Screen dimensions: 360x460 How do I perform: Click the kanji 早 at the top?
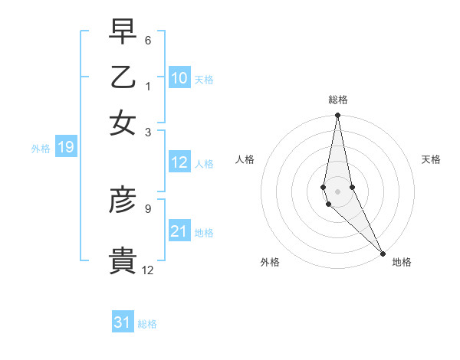point(123,33)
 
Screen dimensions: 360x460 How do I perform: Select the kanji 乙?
point(123,77)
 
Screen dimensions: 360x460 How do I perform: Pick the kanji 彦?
point(123,199)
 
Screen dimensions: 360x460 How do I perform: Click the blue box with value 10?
point(179,78)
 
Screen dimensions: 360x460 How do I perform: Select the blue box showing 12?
point(179,162)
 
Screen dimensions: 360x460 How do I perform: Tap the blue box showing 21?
point(179,231)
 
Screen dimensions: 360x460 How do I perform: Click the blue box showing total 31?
point(123,322)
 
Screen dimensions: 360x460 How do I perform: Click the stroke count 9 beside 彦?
point(148,207)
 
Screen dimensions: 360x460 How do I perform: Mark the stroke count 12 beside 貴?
point(148,270)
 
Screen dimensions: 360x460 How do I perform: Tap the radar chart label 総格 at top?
point(337,100)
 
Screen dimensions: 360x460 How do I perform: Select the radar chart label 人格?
point(245,159)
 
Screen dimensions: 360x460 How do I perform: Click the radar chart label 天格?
point(431,159)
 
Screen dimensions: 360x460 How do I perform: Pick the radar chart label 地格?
point(402,263)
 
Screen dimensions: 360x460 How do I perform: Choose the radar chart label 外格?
point(270,263)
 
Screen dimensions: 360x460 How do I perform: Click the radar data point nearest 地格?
point(383,253)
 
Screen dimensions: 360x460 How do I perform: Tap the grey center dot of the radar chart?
point(337,191)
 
